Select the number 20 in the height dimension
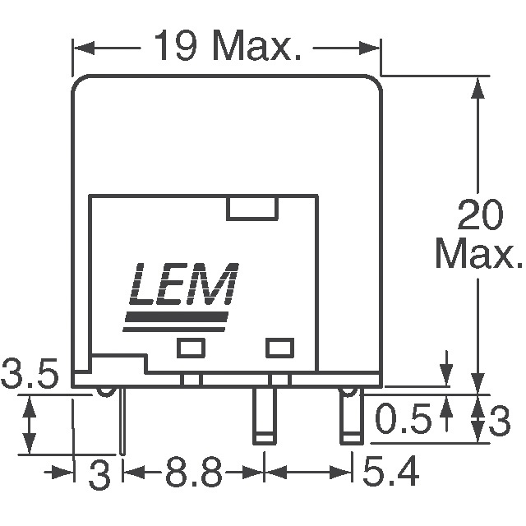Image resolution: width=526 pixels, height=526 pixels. pyautogui.click(x=478, y=218)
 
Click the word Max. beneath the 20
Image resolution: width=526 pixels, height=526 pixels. pyautogui.click(x=478, y=255)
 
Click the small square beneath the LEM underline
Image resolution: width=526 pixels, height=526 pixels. pyautogui.click(x=190, y=348)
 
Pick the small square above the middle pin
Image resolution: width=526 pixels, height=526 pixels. pyautogui.click(x=279, y=348)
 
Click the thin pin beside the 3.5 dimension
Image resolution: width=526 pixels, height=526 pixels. pyautogui.click(x=122, y=421)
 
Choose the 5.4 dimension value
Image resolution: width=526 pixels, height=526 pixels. pyautogui.click(x=393, y=474)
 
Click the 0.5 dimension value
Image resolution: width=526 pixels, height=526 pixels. pyautogui.click(x=403, y=421)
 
